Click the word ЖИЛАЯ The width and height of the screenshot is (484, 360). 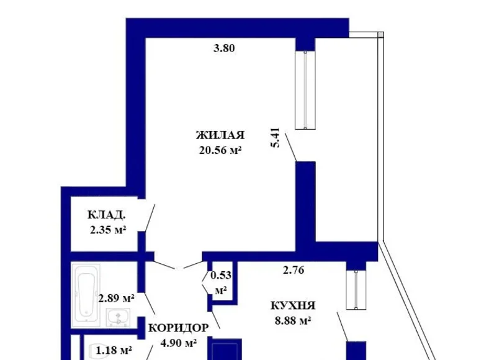click(220, 135)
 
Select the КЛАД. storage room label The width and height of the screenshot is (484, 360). click(107, 215)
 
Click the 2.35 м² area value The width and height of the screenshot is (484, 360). click(108, 230)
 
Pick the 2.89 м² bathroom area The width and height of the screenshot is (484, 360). click(116, 299)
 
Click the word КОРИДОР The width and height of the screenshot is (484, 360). click(178, 327)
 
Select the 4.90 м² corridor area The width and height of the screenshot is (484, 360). click(179, 342)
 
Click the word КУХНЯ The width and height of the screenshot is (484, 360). click(293, 305)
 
